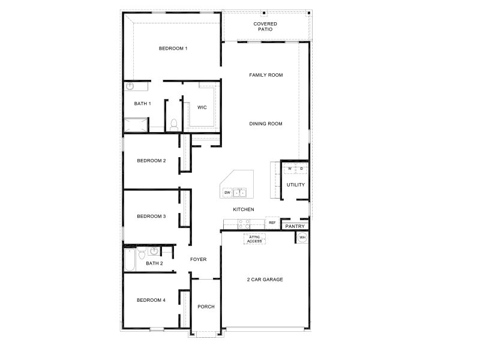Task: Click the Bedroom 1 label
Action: (173, 49)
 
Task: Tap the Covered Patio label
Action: (265, 26)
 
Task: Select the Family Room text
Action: (266, 75)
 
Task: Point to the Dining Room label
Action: (266, 124)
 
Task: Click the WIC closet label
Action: (202, 107)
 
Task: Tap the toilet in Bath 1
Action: (173, 124)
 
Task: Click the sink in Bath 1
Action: (130, 86)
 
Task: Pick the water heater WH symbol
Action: (302, 238)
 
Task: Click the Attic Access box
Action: (254, 239)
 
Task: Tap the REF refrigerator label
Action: (272, 223)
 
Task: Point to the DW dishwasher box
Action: (227, 193)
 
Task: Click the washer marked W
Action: (289, 169)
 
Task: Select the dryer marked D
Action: (302, 169)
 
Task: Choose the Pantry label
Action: (295, 226)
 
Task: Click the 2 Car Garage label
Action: (265, 280)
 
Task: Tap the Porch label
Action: (206, 307)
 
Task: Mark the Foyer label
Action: (198, 260)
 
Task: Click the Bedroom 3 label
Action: (151, 216)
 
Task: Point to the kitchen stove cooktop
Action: (244, 224)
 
